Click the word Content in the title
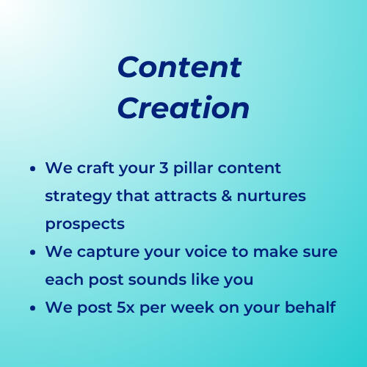[x=179, y=68]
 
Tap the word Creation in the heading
[x=183, y=108]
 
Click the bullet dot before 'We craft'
[x=34, y=169]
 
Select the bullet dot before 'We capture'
[x=34, y=252]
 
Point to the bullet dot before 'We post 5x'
[x=34, y=308]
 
